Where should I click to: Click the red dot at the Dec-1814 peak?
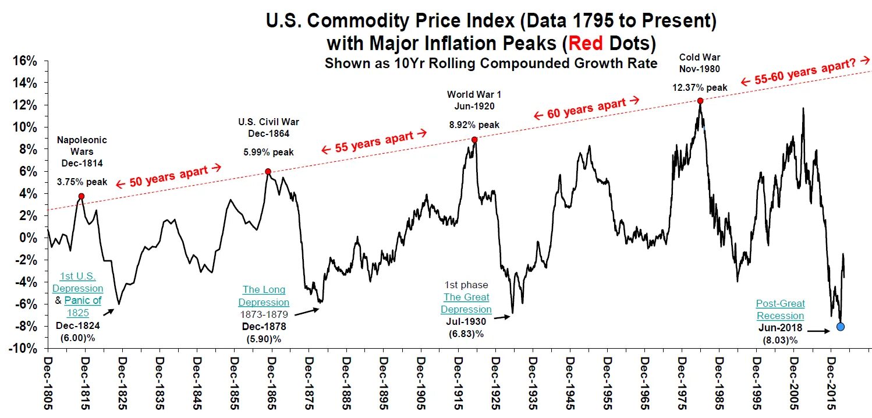pos(81,196)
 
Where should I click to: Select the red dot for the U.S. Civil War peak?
pos(268,171)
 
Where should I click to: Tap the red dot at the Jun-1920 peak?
pos(474,140)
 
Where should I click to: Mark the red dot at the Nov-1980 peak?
pos(700,101)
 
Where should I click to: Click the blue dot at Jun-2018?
pos(841,327)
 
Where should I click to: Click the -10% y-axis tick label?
pos(24,348)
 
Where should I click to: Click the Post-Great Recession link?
pos(780,310)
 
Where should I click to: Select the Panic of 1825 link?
pos(82,306)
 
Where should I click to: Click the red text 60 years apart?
pos(587,109)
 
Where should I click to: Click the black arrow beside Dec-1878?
pos(308,313)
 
